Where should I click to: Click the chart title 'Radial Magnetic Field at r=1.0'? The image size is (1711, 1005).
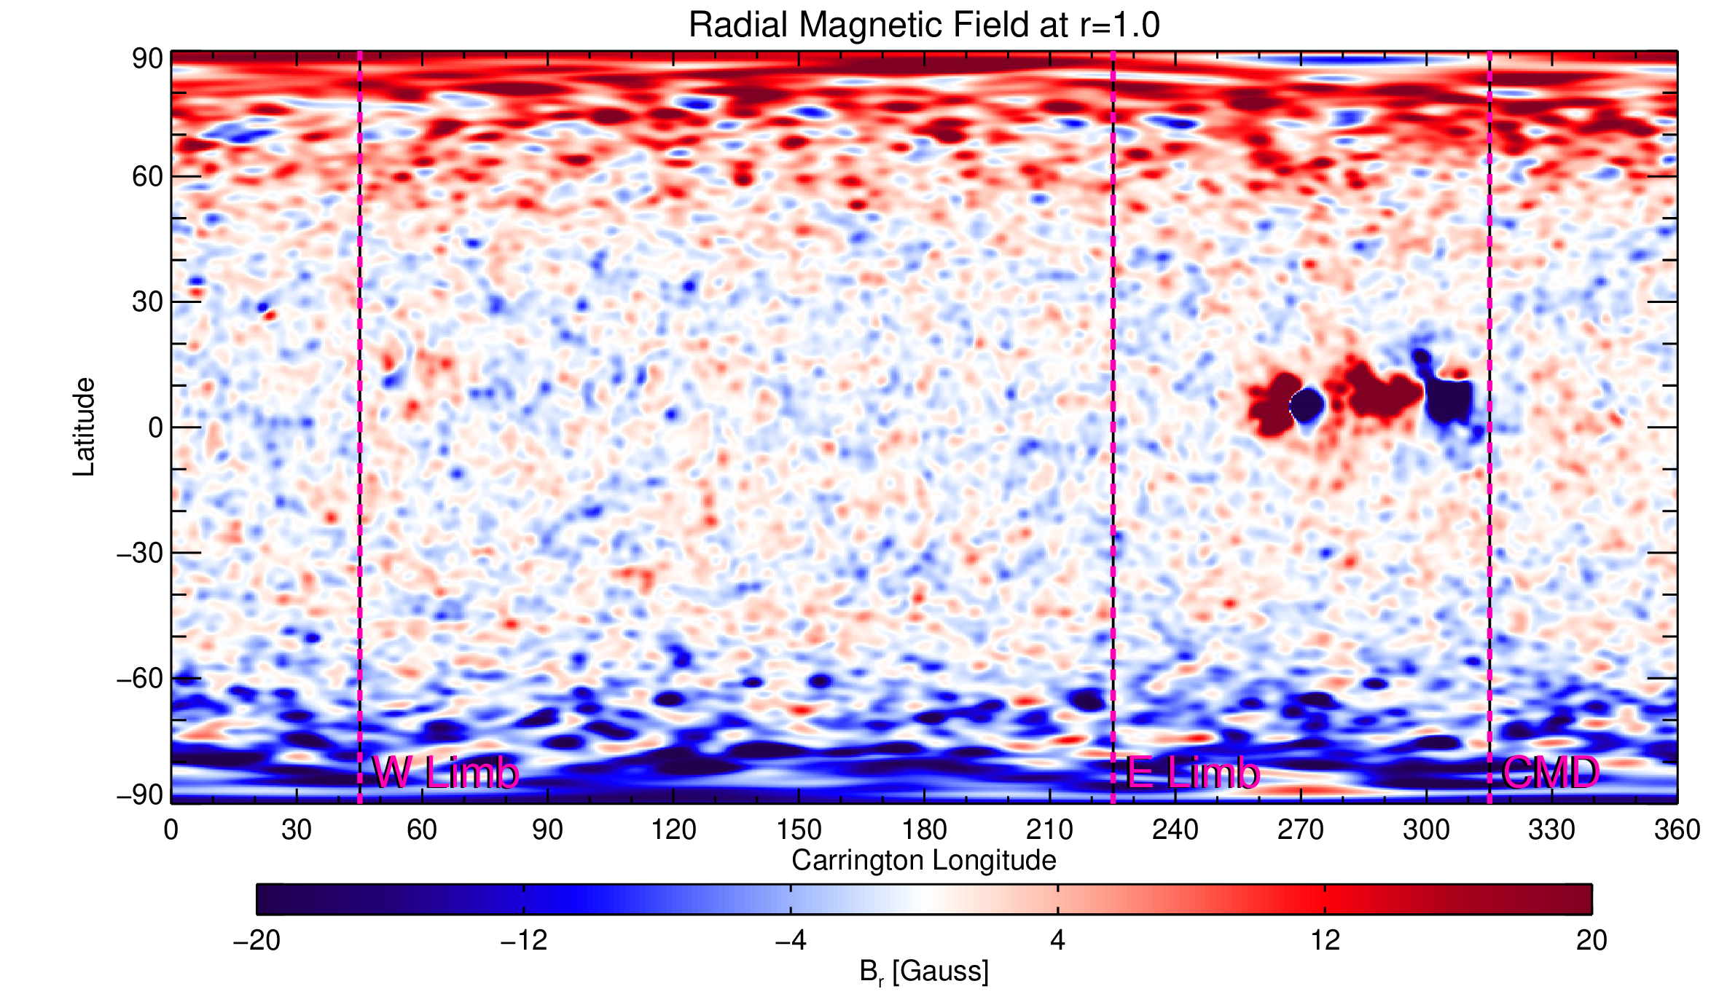tap(924, 25)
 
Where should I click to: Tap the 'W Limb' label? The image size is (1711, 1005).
tap(446, 773)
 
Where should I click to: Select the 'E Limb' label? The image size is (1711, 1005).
tap(1193, 773)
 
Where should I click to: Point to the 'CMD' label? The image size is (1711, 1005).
tap(1551, 773)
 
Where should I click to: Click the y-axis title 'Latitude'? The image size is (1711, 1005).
tap(84, 427)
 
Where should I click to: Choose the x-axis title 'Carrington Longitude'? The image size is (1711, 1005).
tap(924, 861)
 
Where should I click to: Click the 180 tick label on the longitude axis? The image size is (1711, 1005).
tap(924, 829)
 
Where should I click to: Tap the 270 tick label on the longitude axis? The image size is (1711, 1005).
tap(1301, 829)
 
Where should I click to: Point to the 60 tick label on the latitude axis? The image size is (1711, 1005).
tap(147, 176)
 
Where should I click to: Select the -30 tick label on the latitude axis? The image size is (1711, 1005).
tap(139, 553)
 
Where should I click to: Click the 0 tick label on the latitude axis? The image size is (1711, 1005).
tap(155, 427)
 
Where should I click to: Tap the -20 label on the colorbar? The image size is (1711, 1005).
tap(257, 941)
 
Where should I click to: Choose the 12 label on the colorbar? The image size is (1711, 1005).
tap(1325, 941)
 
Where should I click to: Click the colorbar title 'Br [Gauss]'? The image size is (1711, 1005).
tap(924, 972)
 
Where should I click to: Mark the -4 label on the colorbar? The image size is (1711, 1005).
tap(791, 941)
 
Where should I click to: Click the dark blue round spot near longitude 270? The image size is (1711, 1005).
tap(1307, 405)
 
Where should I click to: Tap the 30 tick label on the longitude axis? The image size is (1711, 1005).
tap(296, 829)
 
